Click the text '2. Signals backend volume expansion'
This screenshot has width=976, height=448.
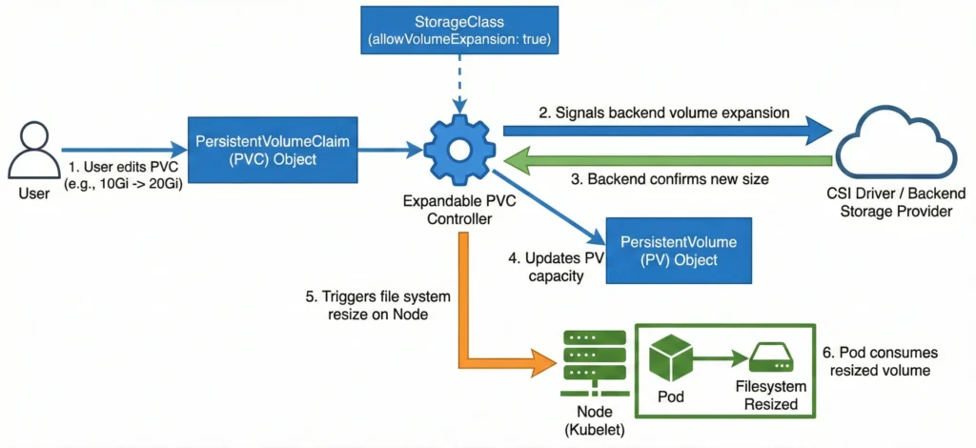pos(664,112)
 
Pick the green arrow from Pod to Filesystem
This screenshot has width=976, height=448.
pos(720,357)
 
